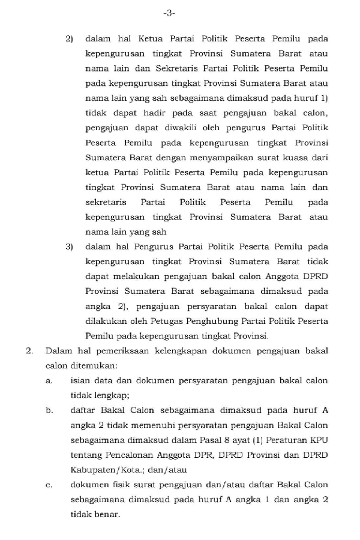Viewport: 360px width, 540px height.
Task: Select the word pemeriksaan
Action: click(x=122, y=350)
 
